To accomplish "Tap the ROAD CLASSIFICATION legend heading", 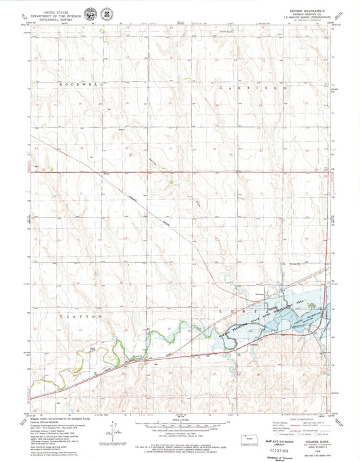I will click(298, 414).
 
